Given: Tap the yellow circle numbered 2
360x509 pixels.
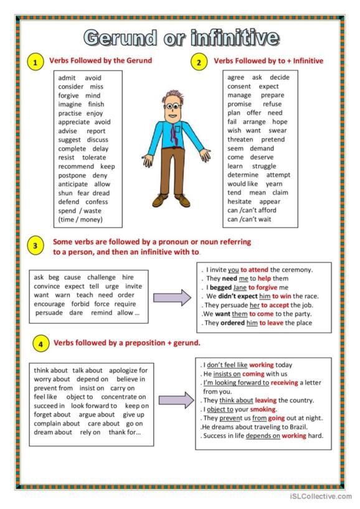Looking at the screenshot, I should pyautogui.click(x=199, y=62).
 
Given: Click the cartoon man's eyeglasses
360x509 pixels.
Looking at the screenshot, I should pyautogui.click(x=173, y=106).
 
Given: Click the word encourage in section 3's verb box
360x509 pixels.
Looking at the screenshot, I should pyautogui.click(x=50, y=304).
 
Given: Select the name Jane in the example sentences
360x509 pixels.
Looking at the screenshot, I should pyautogui.click(x=240, y=287).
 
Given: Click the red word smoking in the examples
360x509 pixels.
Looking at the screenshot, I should pyautogui.click(x=263, y=409).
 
